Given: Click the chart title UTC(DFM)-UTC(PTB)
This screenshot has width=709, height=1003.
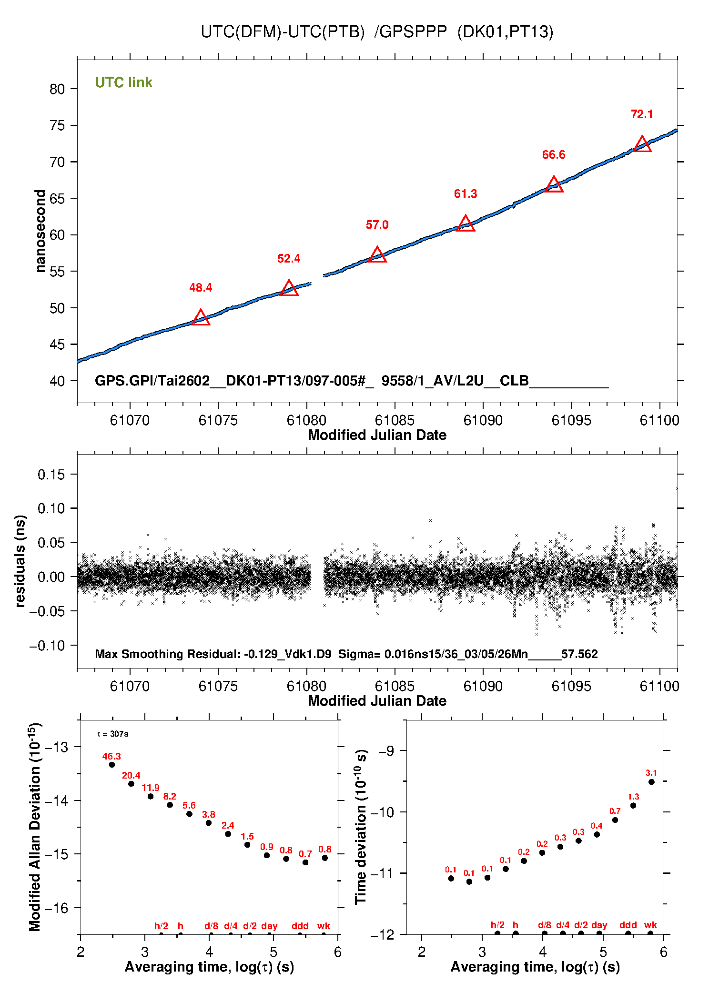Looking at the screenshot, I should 282,31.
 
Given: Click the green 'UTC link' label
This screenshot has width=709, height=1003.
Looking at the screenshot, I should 123,82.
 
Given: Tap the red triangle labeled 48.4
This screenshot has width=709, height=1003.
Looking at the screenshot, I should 201,318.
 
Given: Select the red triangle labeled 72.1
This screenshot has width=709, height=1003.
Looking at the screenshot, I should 642,144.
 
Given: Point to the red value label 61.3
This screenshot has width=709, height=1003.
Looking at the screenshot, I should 465,194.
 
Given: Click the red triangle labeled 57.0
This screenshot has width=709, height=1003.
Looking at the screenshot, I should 377,255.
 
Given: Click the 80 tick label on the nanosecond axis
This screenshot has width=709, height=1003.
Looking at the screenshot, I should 57,89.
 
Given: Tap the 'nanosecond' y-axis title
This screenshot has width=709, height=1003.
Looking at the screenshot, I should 41,231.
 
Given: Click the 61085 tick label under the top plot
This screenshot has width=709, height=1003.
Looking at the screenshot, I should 395,420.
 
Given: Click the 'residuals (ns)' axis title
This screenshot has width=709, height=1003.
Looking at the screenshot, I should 20,561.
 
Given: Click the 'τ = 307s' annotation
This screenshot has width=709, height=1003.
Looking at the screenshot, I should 112,734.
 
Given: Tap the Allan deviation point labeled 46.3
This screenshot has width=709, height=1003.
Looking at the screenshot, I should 112,765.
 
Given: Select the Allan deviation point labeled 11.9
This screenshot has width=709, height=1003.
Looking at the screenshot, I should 151,796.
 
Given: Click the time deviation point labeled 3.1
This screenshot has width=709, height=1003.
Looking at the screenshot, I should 651,782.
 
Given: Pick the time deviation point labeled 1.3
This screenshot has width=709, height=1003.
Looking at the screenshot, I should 633,805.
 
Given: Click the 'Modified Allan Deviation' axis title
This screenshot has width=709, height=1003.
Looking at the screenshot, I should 35,827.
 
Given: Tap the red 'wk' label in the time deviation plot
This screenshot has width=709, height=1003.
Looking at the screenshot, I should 650,925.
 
